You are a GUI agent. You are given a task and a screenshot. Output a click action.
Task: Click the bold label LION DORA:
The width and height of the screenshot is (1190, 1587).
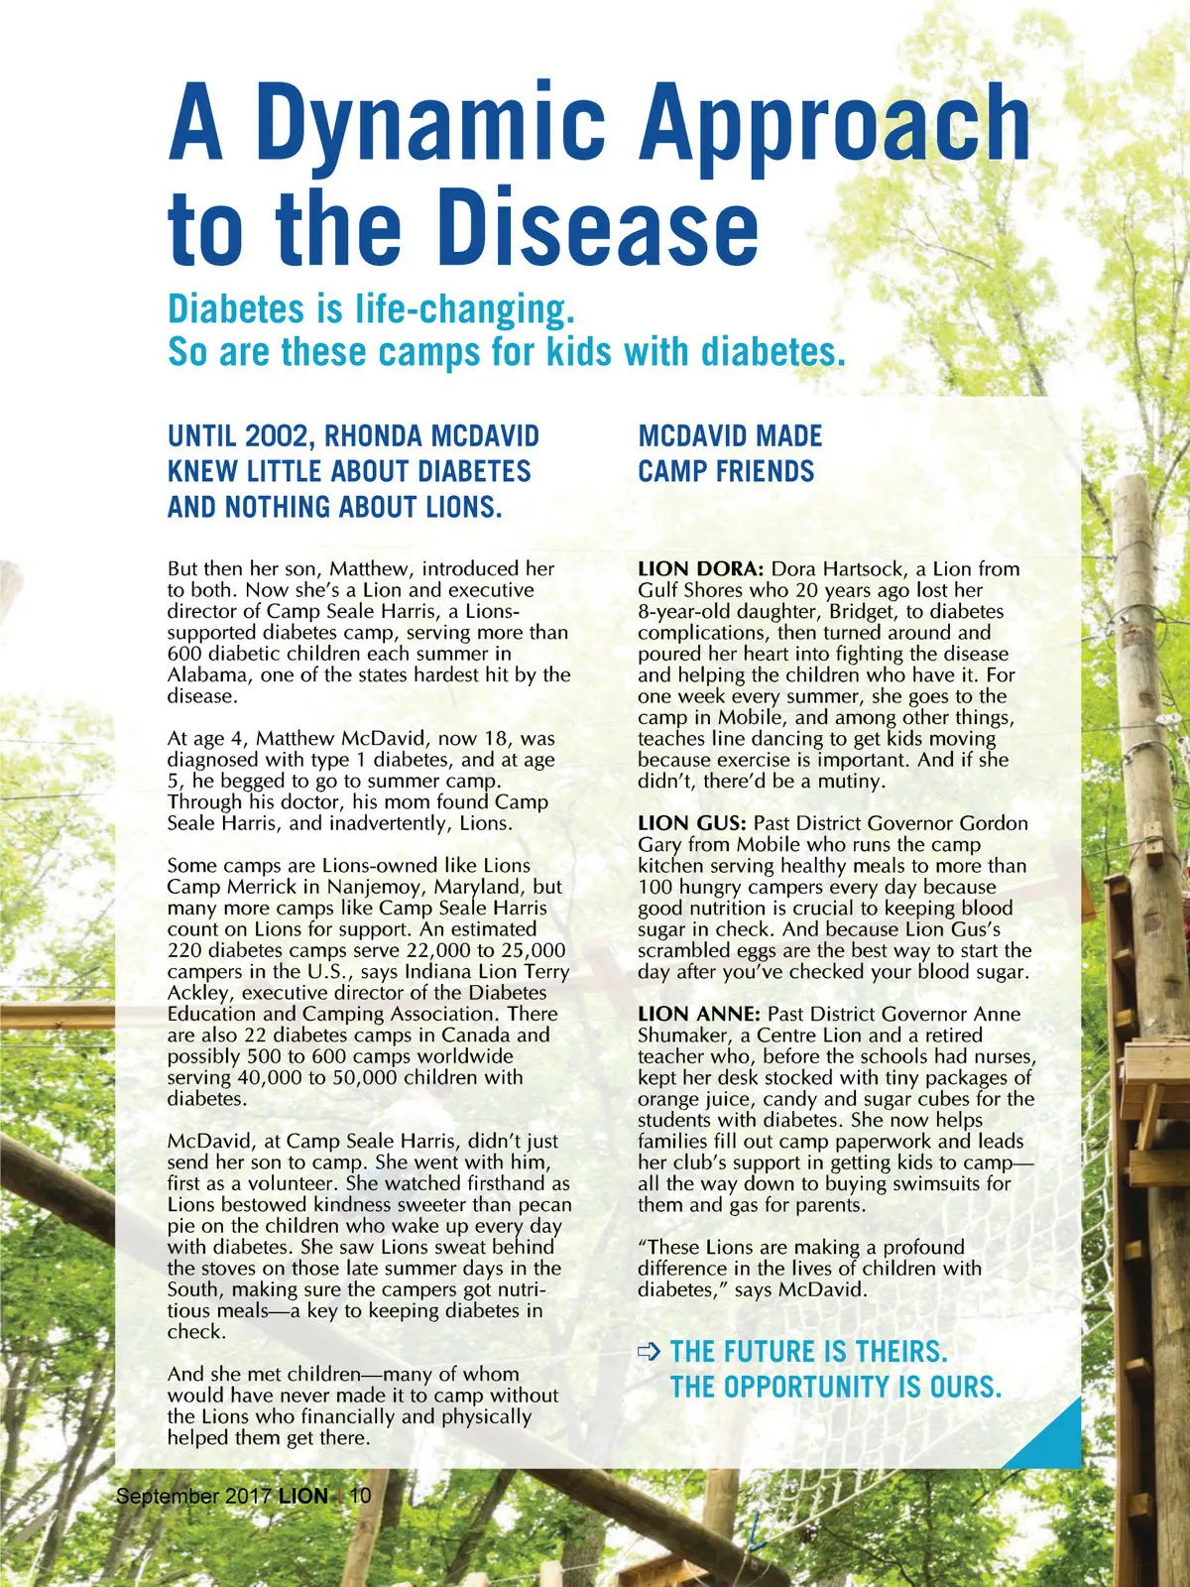700,569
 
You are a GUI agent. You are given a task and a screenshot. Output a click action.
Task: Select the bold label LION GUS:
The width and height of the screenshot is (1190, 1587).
692,823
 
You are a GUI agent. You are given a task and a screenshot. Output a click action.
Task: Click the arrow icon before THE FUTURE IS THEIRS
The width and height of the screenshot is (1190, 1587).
650,1351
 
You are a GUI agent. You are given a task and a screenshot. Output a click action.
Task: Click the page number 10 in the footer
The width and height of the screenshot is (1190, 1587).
361,1496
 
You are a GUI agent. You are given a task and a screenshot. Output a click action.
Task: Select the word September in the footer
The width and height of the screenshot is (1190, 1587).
168,1496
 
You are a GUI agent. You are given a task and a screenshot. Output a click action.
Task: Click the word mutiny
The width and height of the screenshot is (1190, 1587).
850,782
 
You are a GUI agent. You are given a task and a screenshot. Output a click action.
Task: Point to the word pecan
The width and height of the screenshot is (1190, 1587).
544,1205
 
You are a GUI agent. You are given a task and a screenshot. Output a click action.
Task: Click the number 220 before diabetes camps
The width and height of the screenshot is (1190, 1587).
185,950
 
